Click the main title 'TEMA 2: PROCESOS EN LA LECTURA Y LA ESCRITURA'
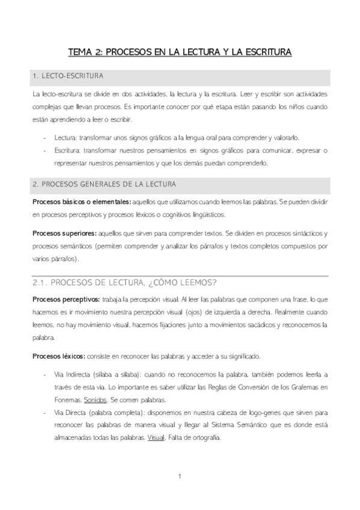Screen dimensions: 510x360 [180, 52]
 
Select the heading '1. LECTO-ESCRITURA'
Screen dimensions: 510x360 [68, 77]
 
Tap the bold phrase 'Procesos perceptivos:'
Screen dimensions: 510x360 [66, 298]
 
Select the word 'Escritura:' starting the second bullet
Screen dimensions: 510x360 [69, 150]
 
